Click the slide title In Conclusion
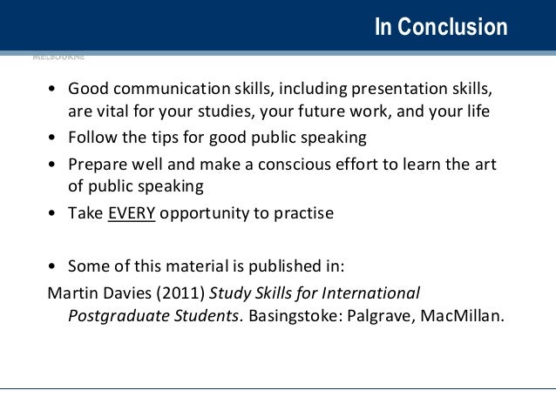point(440,27)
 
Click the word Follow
point(92,138)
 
